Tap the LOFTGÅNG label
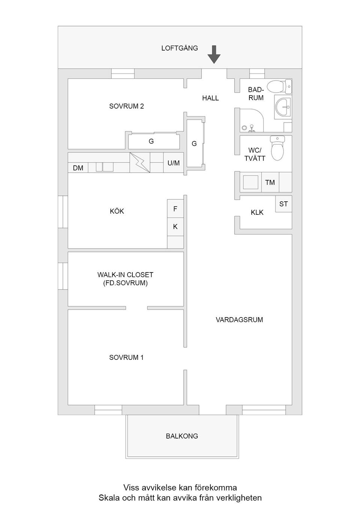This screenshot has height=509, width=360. [x=179, y=48]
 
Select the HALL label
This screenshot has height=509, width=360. [x=210, y=98]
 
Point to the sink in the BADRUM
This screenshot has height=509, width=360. [x=283, y=106]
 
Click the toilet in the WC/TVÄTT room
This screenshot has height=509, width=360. [x=278, y=148]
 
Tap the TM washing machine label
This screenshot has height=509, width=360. [x=270, y=183]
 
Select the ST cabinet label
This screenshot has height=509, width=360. [x=283, y=204]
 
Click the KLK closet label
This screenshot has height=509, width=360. [x=257, y=213]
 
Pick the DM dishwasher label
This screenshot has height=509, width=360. [x=78, y=168]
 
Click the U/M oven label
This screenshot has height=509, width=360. [x=174, y=163]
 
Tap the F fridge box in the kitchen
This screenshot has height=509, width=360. [x=175, y=209]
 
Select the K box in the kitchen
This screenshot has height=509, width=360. [x=175, y=227]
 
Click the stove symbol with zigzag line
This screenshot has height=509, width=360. [x=139, y=163]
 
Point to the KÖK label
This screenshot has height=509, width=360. [x=117, y=211]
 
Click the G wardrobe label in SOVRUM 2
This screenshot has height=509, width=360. [x=151, y=141]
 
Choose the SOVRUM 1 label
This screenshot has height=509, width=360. [x=126, y=358]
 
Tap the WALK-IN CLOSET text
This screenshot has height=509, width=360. [x=125, y=275]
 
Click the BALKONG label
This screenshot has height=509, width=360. [x=182, y=436]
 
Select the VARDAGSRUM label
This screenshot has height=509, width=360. [x=239, y=320]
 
